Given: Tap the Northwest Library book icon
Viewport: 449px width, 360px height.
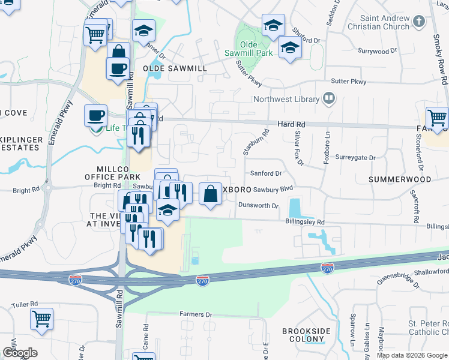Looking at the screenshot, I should (x=329, y=98).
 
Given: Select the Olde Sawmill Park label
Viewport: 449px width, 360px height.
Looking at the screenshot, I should (x=257, y=49).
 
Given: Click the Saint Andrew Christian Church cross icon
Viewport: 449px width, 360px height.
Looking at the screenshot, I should (x=420, y=22).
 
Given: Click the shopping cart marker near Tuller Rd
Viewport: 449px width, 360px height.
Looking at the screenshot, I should (x=42, y=319).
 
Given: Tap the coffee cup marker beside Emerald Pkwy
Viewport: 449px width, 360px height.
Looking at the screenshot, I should (x=95, y=115).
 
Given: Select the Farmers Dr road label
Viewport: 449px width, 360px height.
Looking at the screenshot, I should (x=196, y=314).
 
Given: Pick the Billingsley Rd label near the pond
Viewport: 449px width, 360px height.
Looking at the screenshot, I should (x=304, y=221).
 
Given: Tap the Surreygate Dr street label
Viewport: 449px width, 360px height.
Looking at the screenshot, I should (x=355, y=158).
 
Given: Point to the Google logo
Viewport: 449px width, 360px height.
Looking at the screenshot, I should (x=20, y=353).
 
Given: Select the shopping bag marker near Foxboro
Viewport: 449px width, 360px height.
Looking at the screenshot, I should (x=210, y=194).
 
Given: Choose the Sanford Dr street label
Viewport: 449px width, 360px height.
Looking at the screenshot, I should (x=266, y=173).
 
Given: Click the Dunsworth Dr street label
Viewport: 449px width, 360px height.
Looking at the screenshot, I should (x=258, y=206).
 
